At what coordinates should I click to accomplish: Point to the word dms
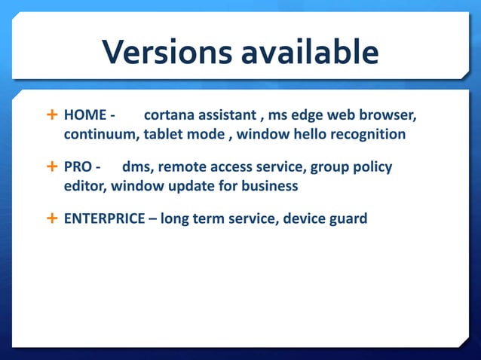point(136,167)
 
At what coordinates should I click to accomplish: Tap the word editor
point(84,185)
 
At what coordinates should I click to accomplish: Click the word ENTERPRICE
point(103,218)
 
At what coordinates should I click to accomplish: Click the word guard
point(348,218)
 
